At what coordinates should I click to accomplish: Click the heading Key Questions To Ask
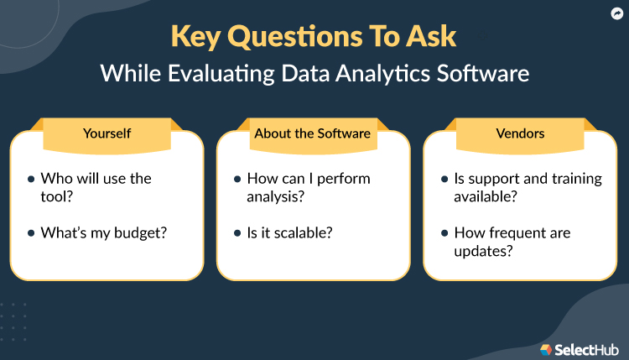click(x=314, y=36)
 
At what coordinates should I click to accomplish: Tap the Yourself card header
click(x=107, y=133)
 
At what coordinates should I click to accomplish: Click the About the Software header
click(x=313, y=133)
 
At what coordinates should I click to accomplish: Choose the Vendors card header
click(x=520, y=133)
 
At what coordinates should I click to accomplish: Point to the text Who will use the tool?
click(x=96, y=188)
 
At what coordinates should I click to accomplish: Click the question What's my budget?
click(x=103, y=232)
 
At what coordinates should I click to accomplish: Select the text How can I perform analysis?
click(x=308, y=188)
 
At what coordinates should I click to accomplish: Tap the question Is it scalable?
click(x=289, y=232)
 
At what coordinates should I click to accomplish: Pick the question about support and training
click(x=515, y=188)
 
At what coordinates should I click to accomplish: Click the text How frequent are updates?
click(x=511, y=242)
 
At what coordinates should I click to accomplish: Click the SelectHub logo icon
click(x=546, y=348)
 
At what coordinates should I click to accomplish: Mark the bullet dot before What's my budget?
click(x=31, y=232)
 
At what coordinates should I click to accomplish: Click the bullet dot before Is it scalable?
click(x=237, y=232)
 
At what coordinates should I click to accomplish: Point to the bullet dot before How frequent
click(x=444, y=232)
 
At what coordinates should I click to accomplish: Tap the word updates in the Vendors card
click(x=481, y=252)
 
